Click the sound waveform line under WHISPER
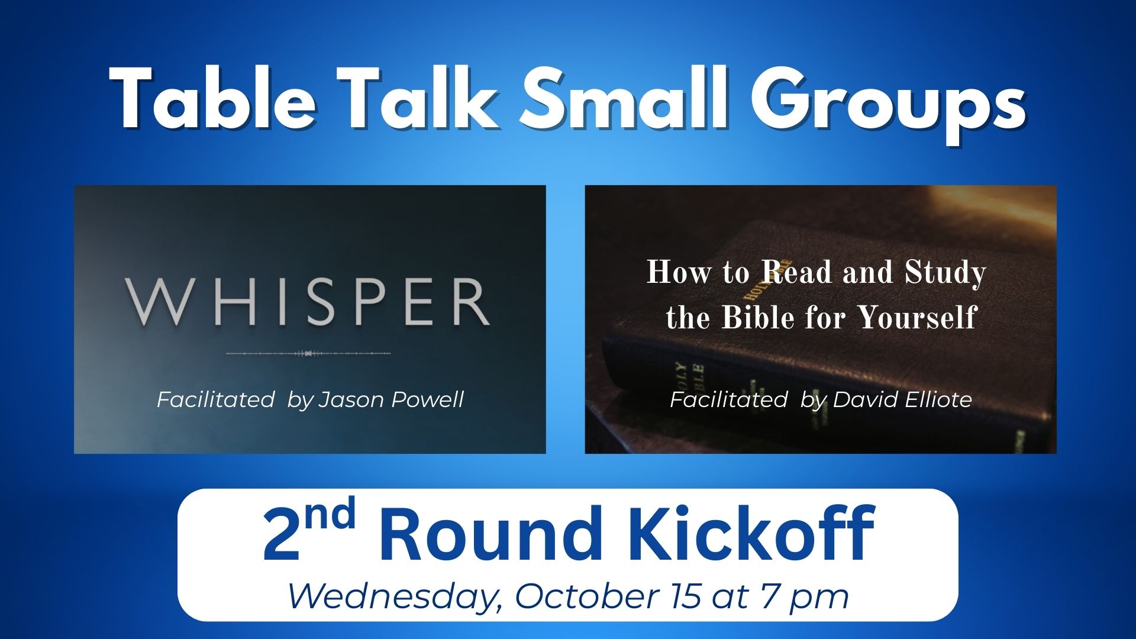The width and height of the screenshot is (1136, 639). point(308,353)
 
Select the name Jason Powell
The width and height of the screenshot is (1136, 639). point(391,400)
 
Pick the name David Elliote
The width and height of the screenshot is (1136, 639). point(902,400)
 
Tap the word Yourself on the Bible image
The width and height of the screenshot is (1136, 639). point(916,318)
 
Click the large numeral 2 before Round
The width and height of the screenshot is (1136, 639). point(282,535)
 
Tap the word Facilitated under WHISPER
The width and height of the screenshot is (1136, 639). point(215,400)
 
